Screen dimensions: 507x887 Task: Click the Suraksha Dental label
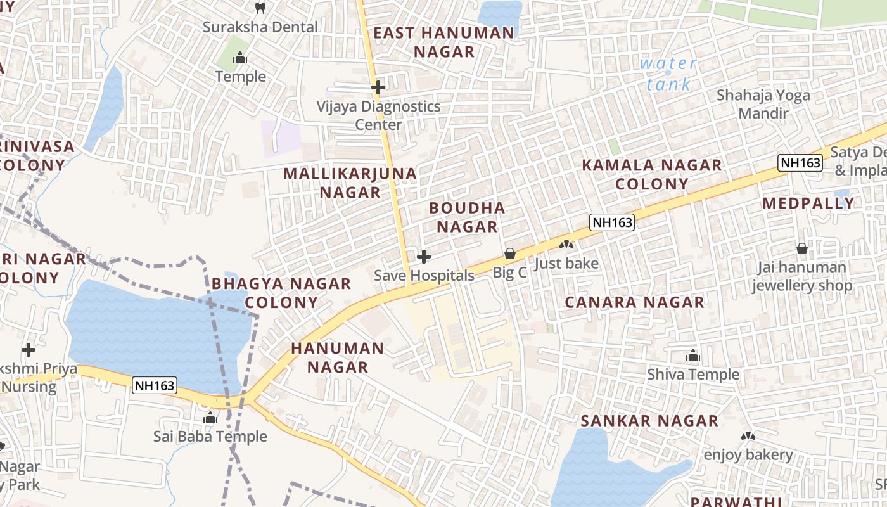point(260,27)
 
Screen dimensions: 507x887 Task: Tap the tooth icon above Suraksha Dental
point(260,8)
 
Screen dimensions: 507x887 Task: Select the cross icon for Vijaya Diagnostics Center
point(378,87)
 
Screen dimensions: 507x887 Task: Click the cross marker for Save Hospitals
point(424,257)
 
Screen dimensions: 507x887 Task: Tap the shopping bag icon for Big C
point(510,254)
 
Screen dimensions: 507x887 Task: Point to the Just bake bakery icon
point(566,245)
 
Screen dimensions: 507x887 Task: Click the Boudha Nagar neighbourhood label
point(467,217)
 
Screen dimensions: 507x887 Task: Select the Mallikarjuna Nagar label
point(350,182)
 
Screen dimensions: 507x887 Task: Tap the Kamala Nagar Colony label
point(652,174)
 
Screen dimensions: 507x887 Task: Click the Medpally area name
point(808,203)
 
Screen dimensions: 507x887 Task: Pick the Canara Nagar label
point(634,302)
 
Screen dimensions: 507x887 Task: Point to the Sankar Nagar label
point(649,421)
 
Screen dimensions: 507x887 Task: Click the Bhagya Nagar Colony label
point(281,292)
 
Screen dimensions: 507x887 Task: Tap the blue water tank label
point(668,74)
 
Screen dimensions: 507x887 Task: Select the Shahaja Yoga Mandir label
point(763,104)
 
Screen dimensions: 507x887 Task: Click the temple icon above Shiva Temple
point(693,356)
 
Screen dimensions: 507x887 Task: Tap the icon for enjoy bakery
point(748,436)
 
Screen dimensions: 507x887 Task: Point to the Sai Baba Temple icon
point(210,418)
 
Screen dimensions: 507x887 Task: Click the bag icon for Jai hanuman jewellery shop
point(802,248)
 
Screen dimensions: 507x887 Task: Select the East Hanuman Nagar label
point(444,42)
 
